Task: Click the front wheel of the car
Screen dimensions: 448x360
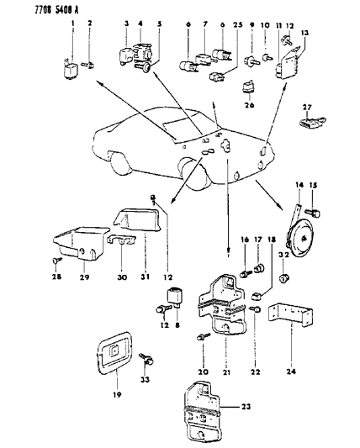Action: coord(123,172)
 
